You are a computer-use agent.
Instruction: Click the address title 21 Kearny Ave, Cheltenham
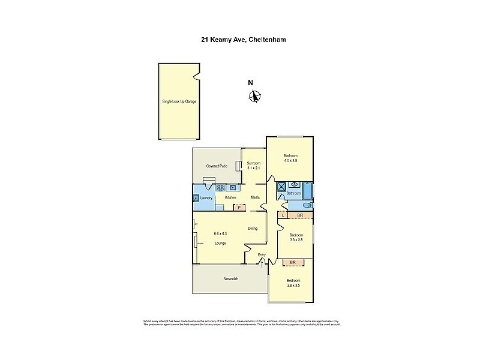[240, 41]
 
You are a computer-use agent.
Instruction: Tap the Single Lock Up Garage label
[179, 101]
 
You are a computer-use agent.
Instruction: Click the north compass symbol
[256, 96]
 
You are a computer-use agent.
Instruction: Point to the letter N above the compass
[251, 83]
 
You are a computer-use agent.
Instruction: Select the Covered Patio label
[216, 166]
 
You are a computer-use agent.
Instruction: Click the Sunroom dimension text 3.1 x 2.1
[253, 168]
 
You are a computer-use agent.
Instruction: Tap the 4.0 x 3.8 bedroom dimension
[290, 161]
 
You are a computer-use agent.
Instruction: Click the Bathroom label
[293, 193]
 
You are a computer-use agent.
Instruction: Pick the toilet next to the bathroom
[301, 205]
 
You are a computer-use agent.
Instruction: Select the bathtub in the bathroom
[307, 190]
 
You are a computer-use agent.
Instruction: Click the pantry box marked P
[239, 208]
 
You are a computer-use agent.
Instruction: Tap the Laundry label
[206, 198]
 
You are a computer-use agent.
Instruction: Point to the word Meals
[255, 198]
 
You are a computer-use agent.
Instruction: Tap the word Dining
[253, 228]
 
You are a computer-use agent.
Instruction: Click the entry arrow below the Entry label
[262, 262]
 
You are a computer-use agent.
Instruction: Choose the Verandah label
[231, 279]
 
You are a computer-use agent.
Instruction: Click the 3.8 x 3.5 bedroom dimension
[292, 286]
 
